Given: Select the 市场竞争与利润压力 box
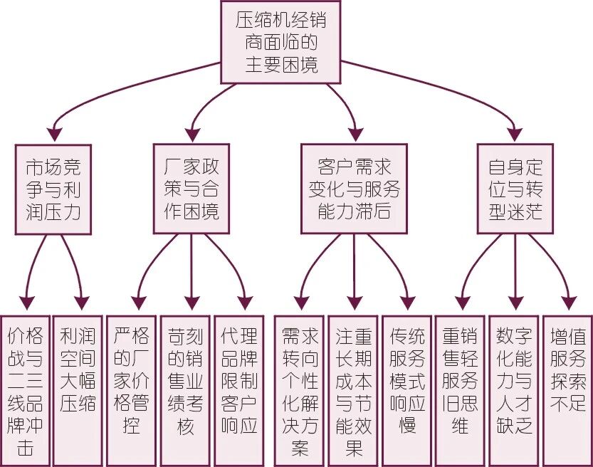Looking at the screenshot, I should pos(53,189).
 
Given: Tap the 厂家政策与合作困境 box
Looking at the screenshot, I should pos(191,189).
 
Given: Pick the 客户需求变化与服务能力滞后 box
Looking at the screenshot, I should pos(354,189).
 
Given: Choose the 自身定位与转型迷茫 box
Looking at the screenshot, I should pos(515,189).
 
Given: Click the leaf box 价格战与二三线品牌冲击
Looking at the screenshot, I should pos(26,391).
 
